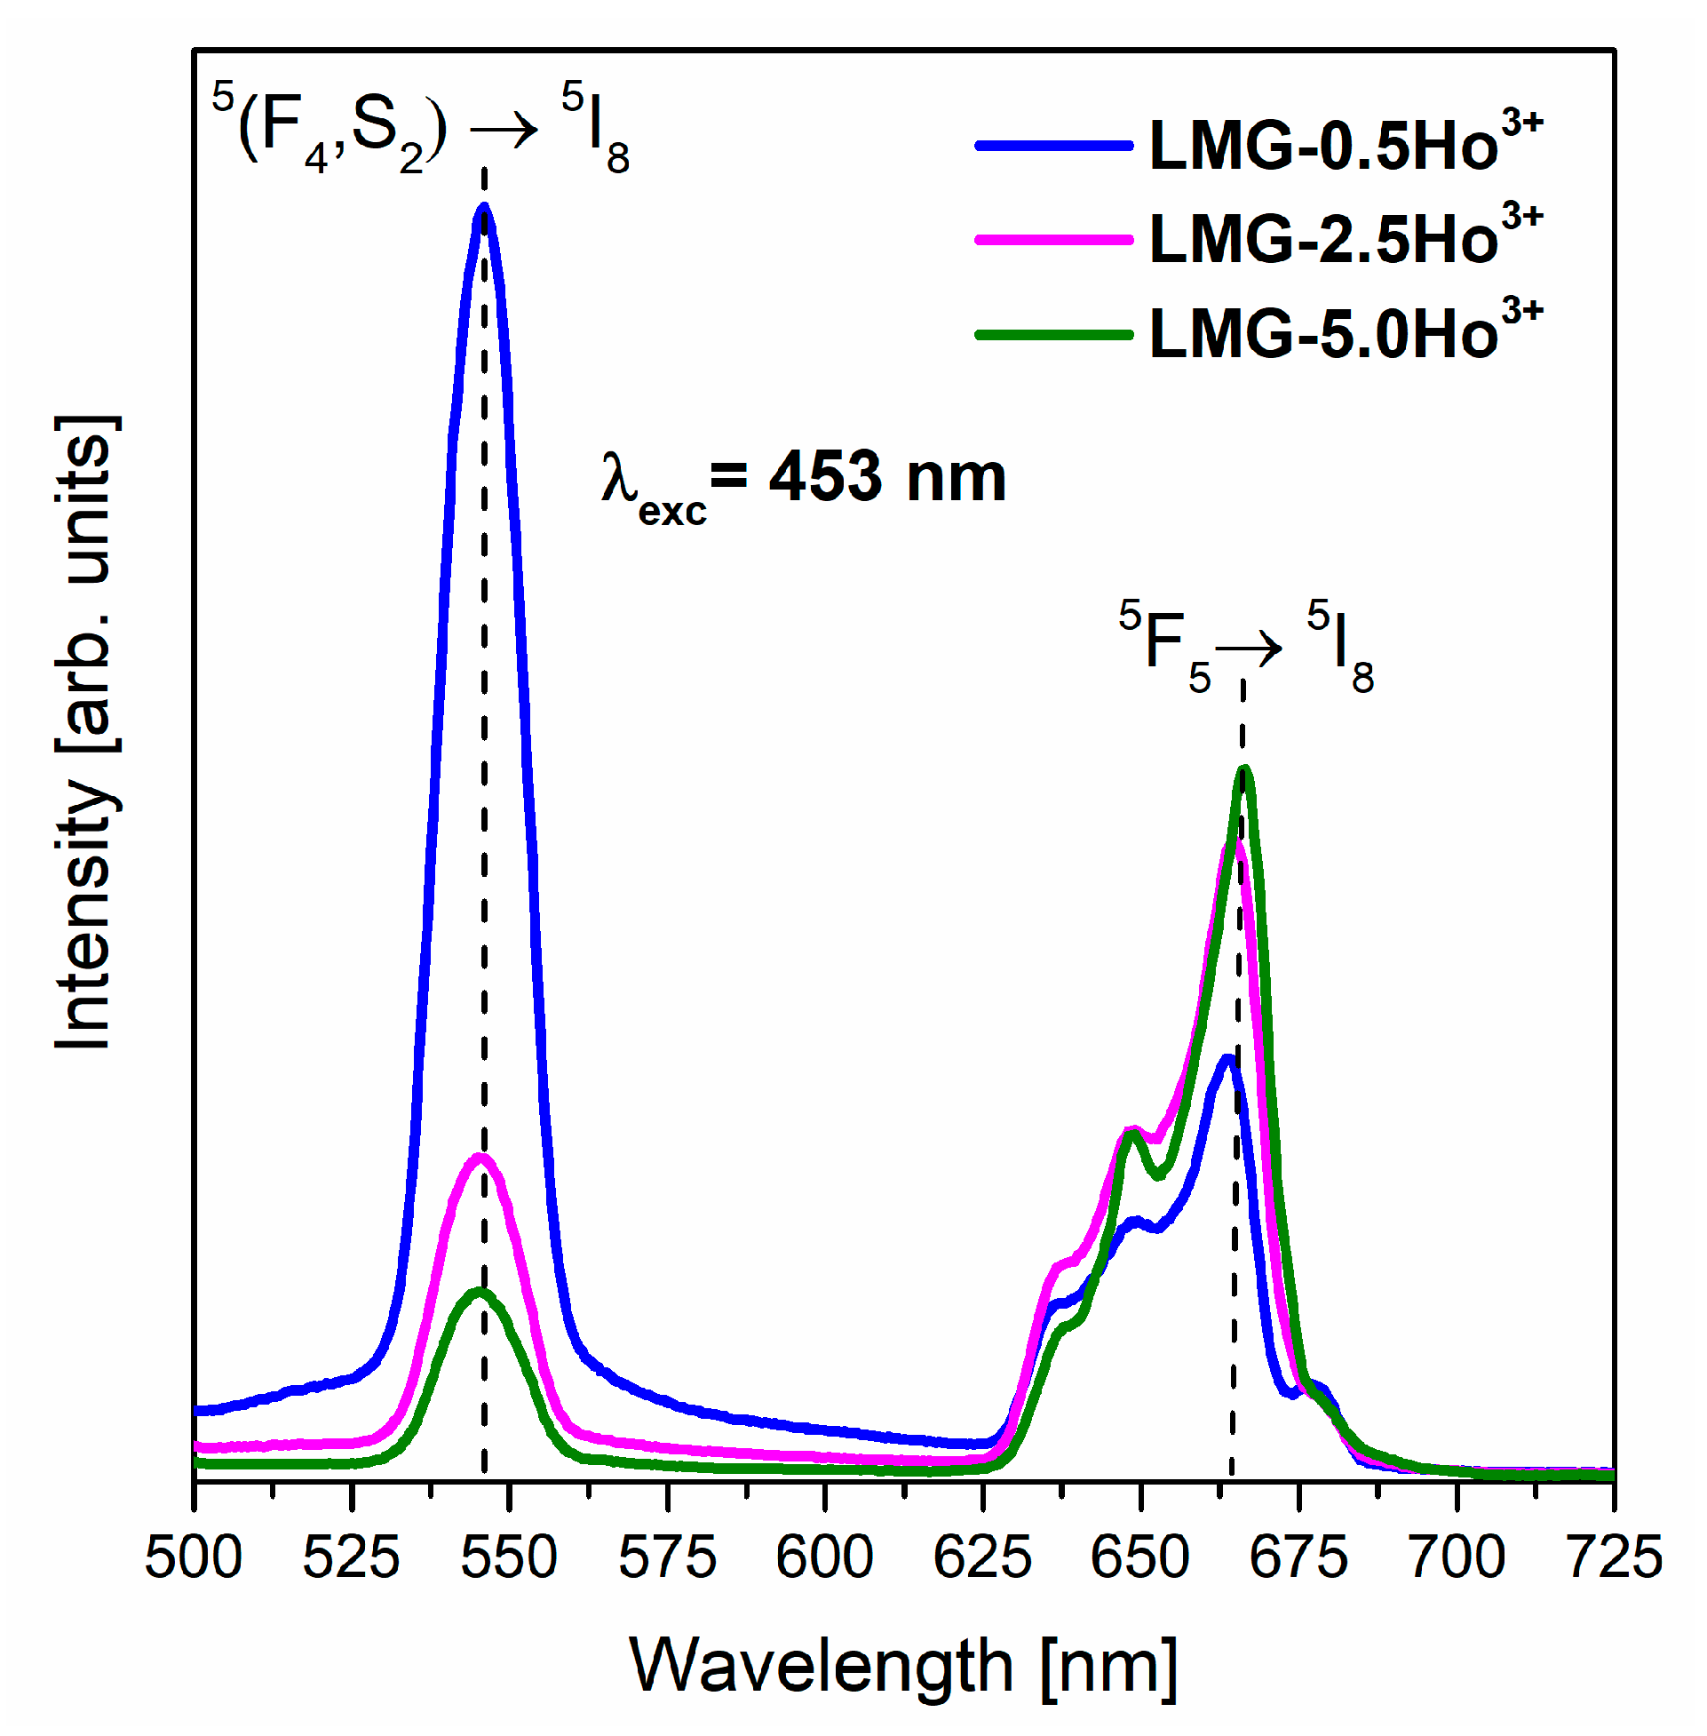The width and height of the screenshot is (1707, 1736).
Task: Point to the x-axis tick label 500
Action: [x=194, y=1558]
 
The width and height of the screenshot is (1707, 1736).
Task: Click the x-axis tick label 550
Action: [x=509, y=1558]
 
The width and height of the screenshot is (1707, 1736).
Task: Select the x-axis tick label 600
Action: [x=825, y=1558]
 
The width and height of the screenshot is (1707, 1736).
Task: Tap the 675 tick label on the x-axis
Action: [x=1298, y=1558]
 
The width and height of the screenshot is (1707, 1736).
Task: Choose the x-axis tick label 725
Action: [x=1614, y=1558]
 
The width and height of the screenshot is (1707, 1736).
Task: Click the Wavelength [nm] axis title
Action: [x=903, y=1666]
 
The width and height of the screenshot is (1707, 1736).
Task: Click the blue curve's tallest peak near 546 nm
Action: [x=485, y=208]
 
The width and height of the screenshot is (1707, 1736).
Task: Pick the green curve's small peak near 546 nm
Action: [x=480, y=1293]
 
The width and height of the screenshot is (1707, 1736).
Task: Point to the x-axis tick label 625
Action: [x=982, y=1558]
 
